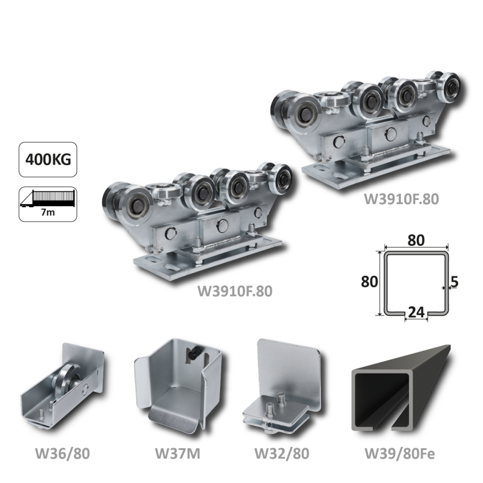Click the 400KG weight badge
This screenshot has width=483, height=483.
(x=48, y=160)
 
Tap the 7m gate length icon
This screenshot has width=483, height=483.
(x=48, y=204)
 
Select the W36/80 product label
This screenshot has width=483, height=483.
(x=62, y=454)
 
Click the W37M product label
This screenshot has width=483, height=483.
(x=177, y=454)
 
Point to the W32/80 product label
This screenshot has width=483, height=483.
(x=282, y=454)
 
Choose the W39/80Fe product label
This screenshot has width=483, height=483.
(x=400, y=454)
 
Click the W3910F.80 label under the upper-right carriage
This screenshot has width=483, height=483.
(x=401, y=199)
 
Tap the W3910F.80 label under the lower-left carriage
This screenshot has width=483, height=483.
(x=235, y=291)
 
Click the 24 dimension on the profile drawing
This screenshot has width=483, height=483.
(x=416, y=312)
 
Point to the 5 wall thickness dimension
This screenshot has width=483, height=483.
(x=454, y=281)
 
